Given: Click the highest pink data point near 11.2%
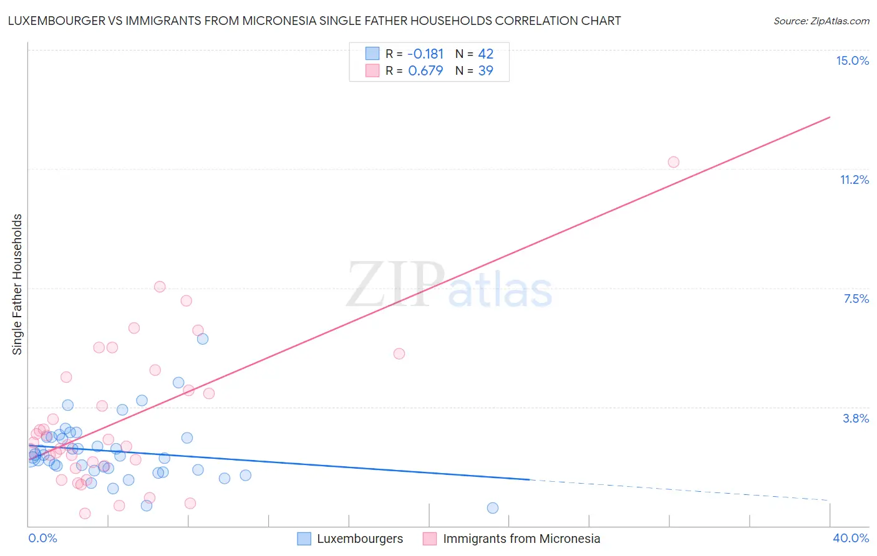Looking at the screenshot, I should coord(674,162).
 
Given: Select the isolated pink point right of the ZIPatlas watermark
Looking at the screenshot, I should coord(399,353).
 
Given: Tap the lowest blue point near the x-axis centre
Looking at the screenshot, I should coord(493,508).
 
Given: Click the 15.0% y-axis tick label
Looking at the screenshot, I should coord(852,60).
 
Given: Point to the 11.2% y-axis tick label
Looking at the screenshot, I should coord(854,180).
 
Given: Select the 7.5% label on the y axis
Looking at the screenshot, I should coord(856,299).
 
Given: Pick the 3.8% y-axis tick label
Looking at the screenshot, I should coord(856,418).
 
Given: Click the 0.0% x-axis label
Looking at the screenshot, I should coord(42,538).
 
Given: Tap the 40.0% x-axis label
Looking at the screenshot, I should coord(850,538).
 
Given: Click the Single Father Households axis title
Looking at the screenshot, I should coord(17,284).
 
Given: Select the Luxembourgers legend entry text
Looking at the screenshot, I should coord(360,539).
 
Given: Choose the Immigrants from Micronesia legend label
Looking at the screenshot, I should coord(521,539).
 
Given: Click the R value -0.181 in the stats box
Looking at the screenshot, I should coord(425,54).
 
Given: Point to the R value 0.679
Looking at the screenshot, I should coord(425,70).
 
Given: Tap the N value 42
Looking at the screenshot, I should coord(486,54).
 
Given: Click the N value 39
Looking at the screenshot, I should coord(486,70).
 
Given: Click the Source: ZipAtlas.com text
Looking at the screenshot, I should coord(821,21).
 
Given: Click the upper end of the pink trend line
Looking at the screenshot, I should coord(830,117).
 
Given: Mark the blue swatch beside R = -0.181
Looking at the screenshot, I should coord(372,54).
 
